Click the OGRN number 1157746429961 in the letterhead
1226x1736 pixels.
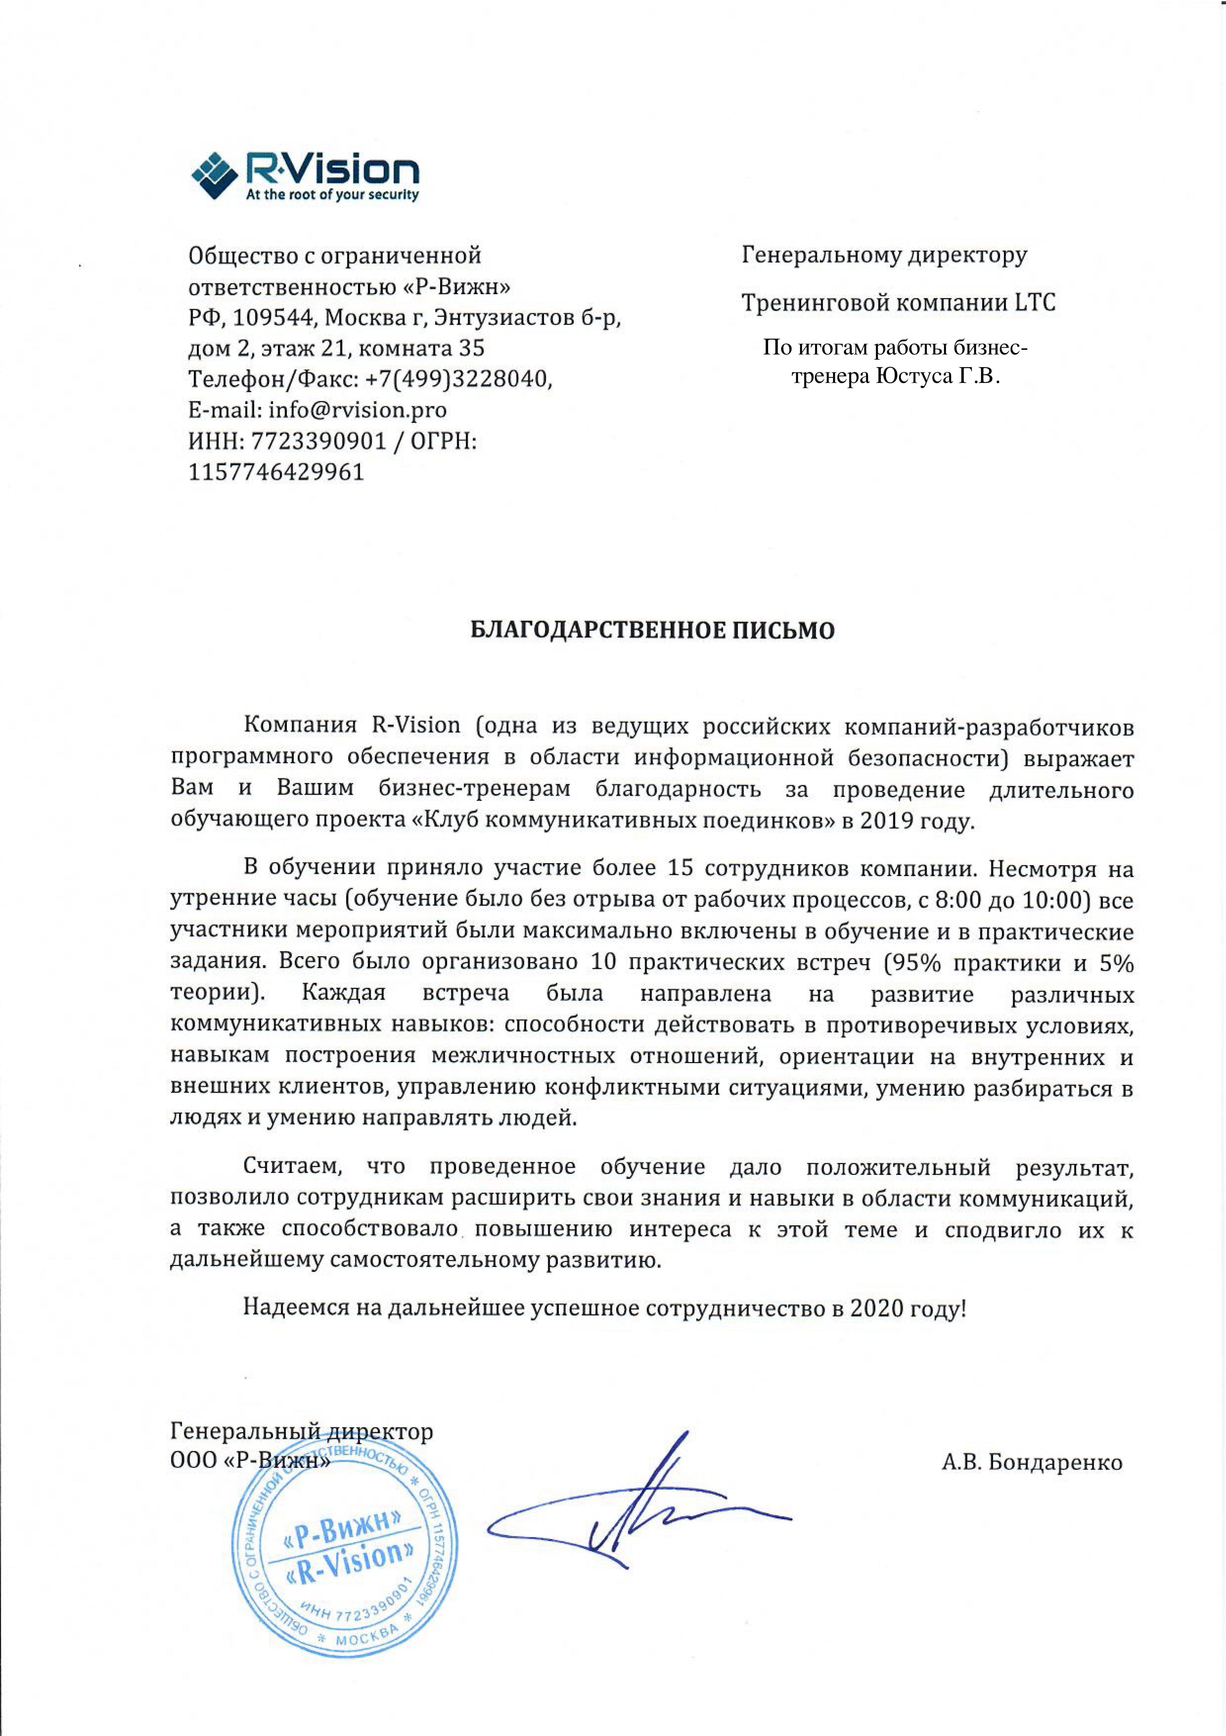click(x=276, y=472)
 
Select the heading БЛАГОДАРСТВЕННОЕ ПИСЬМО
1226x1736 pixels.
click(x=652, y=630)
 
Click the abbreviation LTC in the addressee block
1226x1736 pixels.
click(x=1035, y=302)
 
